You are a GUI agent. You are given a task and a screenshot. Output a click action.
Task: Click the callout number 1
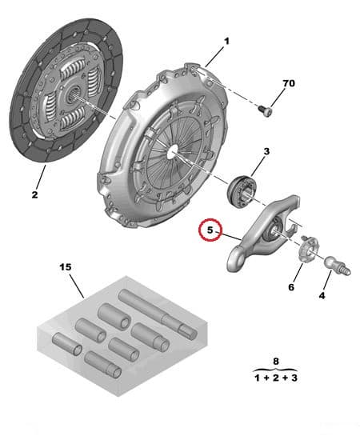(227, 42)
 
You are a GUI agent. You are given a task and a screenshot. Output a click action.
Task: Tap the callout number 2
(34, 194)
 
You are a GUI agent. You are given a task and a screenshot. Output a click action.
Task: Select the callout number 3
(266, 151)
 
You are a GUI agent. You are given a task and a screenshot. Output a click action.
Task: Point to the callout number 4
(322, 295)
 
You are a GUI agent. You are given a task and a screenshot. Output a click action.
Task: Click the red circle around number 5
(210, 230)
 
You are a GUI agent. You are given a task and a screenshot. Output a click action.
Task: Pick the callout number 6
(291, 287)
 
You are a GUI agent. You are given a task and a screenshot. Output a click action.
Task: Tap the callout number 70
(289, 83)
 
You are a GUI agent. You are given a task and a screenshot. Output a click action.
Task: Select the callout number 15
(66, 267)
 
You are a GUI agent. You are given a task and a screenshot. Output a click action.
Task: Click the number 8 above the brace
(275, 362)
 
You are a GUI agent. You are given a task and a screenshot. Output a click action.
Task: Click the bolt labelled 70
(264, 111)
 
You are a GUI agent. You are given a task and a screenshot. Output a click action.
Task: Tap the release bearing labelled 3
(241, 191)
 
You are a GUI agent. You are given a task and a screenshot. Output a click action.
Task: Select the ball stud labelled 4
(338, 266)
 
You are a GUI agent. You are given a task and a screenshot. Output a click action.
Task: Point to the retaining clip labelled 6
(307, 248)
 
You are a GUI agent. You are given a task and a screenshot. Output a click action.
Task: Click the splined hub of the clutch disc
(74, 93)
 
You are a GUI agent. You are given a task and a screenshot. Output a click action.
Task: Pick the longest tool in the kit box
(158, 314)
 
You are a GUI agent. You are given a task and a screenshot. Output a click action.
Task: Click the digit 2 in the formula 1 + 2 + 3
(275, 378)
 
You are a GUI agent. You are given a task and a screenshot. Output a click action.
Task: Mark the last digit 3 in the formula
(294, 378)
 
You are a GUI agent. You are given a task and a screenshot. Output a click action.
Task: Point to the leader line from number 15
(77, 286)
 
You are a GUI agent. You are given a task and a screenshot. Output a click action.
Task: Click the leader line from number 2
(40, 178)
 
